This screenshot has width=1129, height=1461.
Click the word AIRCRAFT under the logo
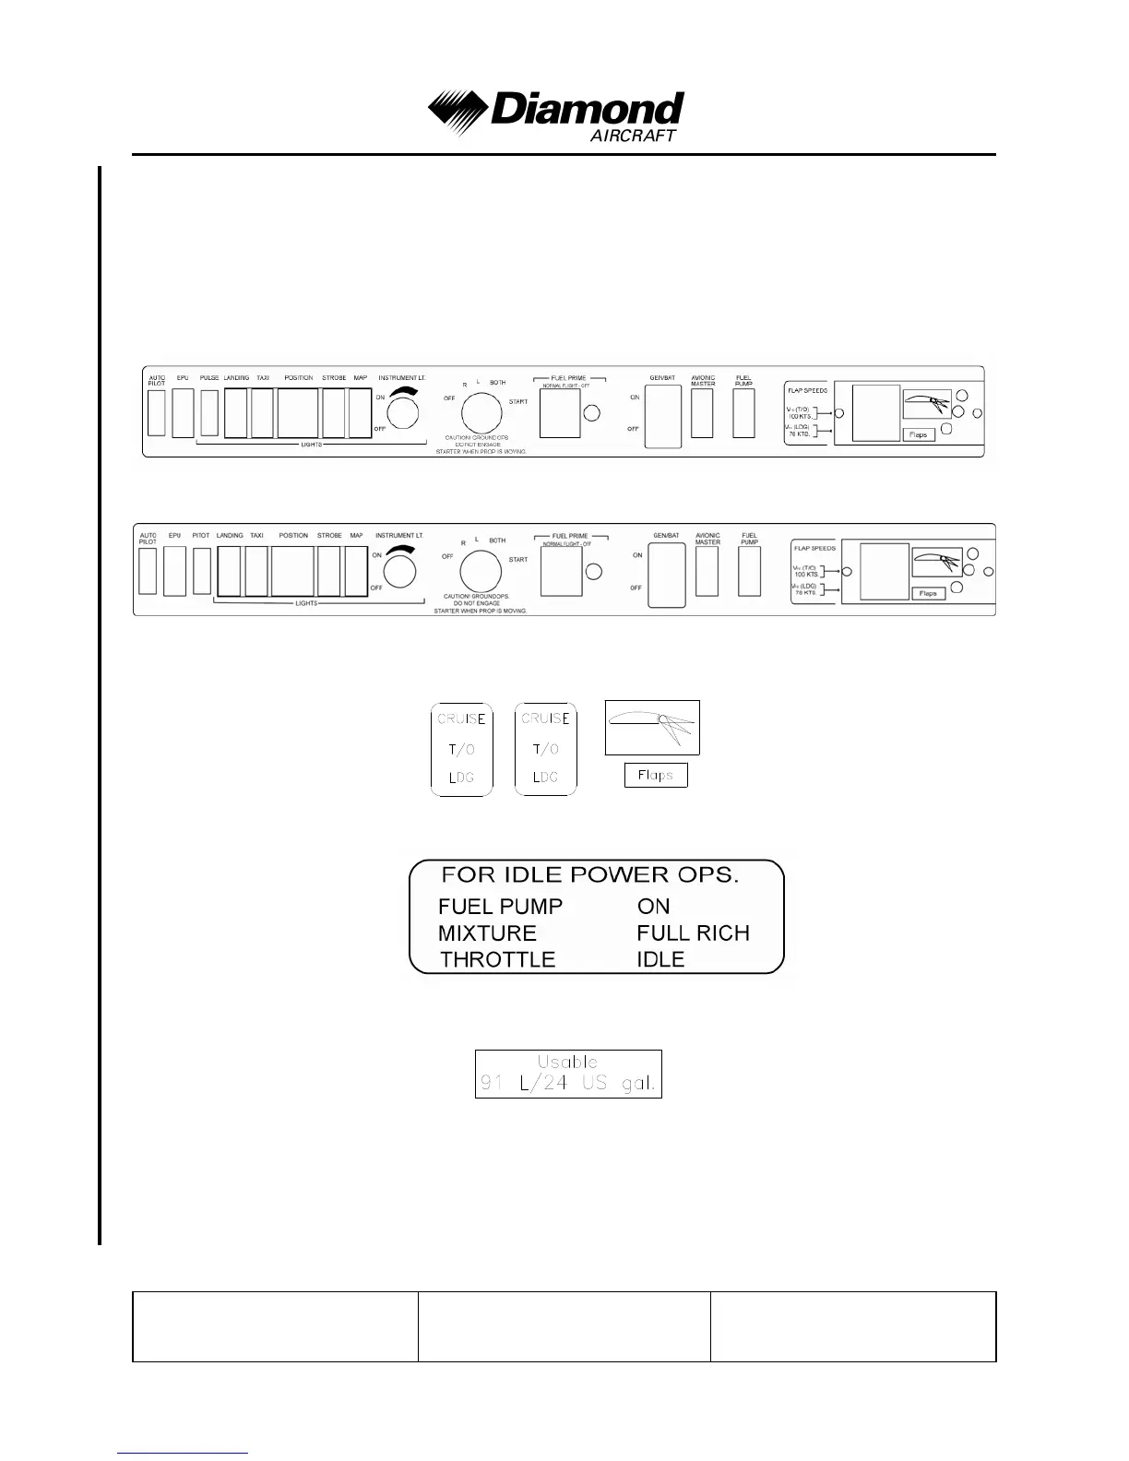point(633,136)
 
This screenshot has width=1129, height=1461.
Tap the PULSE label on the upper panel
point(209,378)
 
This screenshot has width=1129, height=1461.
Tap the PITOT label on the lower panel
point(201,536)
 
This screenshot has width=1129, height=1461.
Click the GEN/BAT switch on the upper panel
point(662,417)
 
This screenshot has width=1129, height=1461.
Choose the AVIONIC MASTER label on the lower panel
point(707,539)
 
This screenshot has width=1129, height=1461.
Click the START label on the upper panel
point(518,402)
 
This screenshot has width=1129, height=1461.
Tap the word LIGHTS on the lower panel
point(306,603)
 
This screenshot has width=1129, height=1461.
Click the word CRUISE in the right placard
point(545,719)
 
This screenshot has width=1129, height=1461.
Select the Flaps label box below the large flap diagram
point(656,776)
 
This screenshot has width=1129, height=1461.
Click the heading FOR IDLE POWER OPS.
point(590,875)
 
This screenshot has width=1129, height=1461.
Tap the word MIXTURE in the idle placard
point(487,933)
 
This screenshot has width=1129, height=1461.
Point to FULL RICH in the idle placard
point(693,933)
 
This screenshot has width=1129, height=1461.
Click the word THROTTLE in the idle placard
point(498,960)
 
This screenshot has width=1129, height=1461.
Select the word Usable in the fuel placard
point(567,1063)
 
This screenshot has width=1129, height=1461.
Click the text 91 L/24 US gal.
point(567,1084)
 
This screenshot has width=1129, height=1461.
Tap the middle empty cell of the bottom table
point(564,1326)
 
